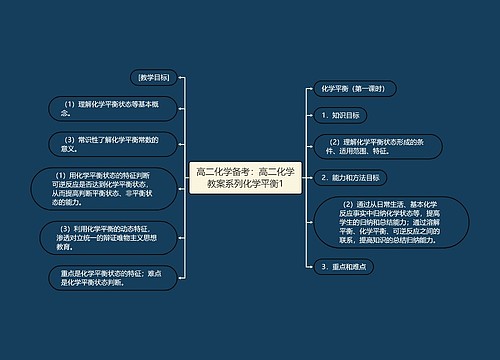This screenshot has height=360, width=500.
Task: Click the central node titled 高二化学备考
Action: (x=246, y=179)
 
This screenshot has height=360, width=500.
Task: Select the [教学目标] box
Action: (x=153, y=77)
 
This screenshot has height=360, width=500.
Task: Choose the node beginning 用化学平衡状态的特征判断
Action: (x=103, y=188)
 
